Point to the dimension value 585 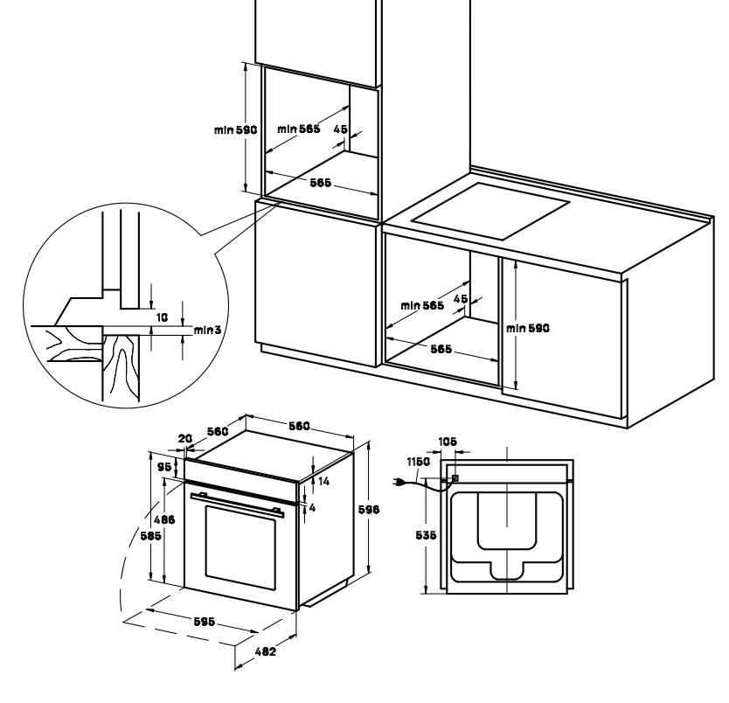point(150,537)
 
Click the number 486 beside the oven point(165,519)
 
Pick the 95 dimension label point(165,467)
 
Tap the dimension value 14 point(323,482)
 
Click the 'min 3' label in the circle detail point(205,330)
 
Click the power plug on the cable point(401,483)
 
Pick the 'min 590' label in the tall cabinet point(235,129)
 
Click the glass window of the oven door point(241,549)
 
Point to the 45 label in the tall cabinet point(341,129)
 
